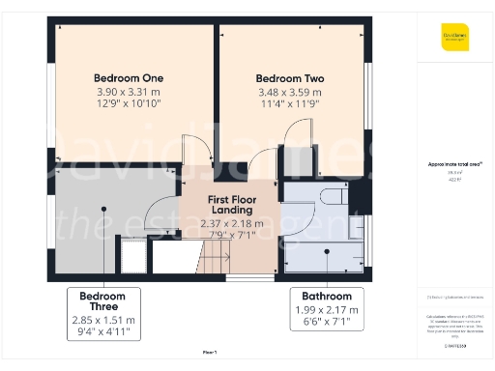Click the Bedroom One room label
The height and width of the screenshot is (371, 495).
[129, 78]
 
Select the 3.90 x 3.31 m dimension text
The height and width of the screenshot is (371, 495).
[129, 91]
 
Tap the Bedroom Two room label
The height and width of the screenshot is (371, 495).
[289, 78]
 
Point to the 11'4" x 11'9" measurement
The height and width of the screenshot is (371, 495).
[289, 103]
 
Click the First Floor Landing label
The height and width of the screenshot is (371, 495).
[231, 205]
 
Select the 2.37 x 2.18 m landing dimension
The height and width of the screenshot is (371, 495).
[231, 223]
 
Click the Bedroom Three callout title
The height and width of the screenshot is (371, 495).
[103, 301]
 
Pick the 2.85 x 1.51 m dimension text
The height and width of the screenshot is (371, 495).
[103, 320]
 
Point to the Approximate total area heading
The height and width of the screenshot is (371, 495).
[454, 164]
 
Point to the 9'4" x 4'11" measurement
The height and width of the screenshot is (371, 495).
[103, 332]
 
